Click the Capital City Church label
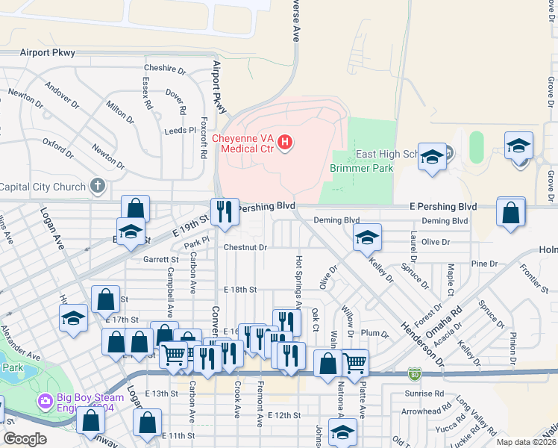[44, 186]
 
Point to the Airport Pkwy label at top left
[47, 53]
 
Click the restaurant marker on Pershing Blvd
[225, 211]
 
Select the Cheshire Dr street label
[164, 69]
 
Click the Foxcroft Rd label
[204, 134]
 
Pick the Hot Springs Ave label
[298, 281]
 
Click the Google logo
[25, 438]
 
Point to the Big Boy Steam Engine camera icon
[46, 402]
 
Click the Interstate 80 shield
[414, 372]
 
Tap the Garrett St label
[161, 260]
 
